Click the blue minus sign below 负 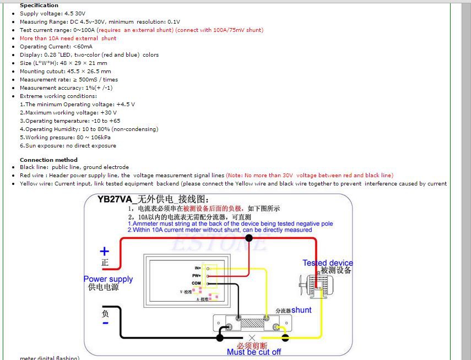105,323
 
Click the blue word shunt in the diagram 301,310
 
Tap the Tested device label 328,263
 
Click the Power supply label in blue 108,279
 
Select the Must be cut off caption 254,352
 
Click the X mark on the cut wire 252,337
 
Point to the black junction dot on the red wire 249,238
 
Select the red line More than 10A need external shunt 68,39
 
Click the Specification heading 39,6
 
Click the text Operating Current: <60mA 56,47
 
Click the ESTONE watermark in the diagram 218,243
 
